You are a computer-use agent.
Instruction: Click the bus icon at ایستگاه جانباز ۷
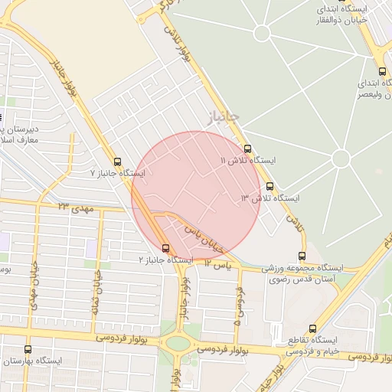117,162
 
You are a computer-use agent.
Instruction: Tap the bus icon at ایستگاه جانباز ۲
166,247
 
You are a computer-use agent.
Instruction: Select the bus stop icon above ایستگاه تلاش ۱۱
247,149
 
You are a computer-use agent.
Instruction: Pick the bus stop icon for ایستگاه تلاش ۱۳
269,186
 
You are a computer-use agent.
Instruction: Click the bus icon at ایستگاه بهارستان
28,349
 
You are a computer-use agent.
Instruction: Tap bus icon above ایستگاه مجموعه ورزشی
302,256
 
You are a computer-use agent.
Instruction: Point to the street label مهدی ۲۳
73,206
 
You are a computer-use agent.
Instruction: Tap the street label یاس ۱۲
217,264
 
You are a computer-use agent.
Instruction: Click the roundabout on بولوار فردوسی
178,344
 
